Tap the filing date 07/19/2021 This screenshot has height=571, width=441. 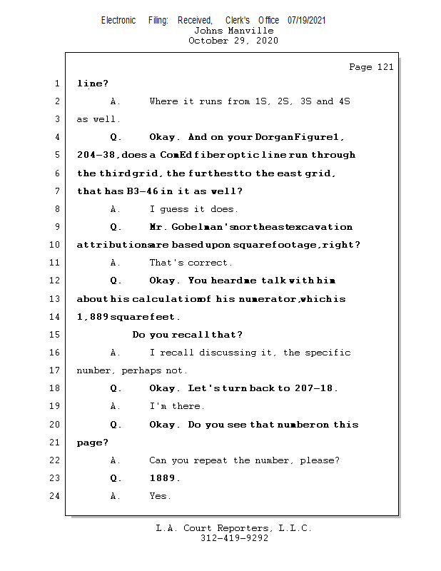(x=307, y=20)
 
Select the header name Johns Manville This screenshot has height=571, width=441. (x=233, y=31)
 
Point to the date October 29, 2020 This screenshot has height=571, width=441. (x=233, y=41)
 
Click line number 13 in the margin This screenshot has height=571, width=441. (x=56, y=298)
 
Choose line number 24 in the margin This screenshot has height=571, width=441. (x=56, y=496)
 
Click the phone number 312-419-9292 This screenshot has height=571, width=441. (x=234, y=538)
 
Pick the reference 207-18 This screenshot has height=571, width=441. (x=316, y=388)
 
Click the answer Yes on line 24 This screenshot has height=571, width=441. (x=159, y=496)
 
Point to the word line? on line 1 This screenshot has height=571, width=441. (x=93, y=83)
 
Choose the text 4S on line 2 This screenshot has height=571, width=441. (x=343, y=101)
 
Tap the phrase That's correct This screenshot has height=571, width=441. (x=191, y=263)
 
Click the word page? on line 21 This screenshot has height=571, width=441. (x=93, y=443)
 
